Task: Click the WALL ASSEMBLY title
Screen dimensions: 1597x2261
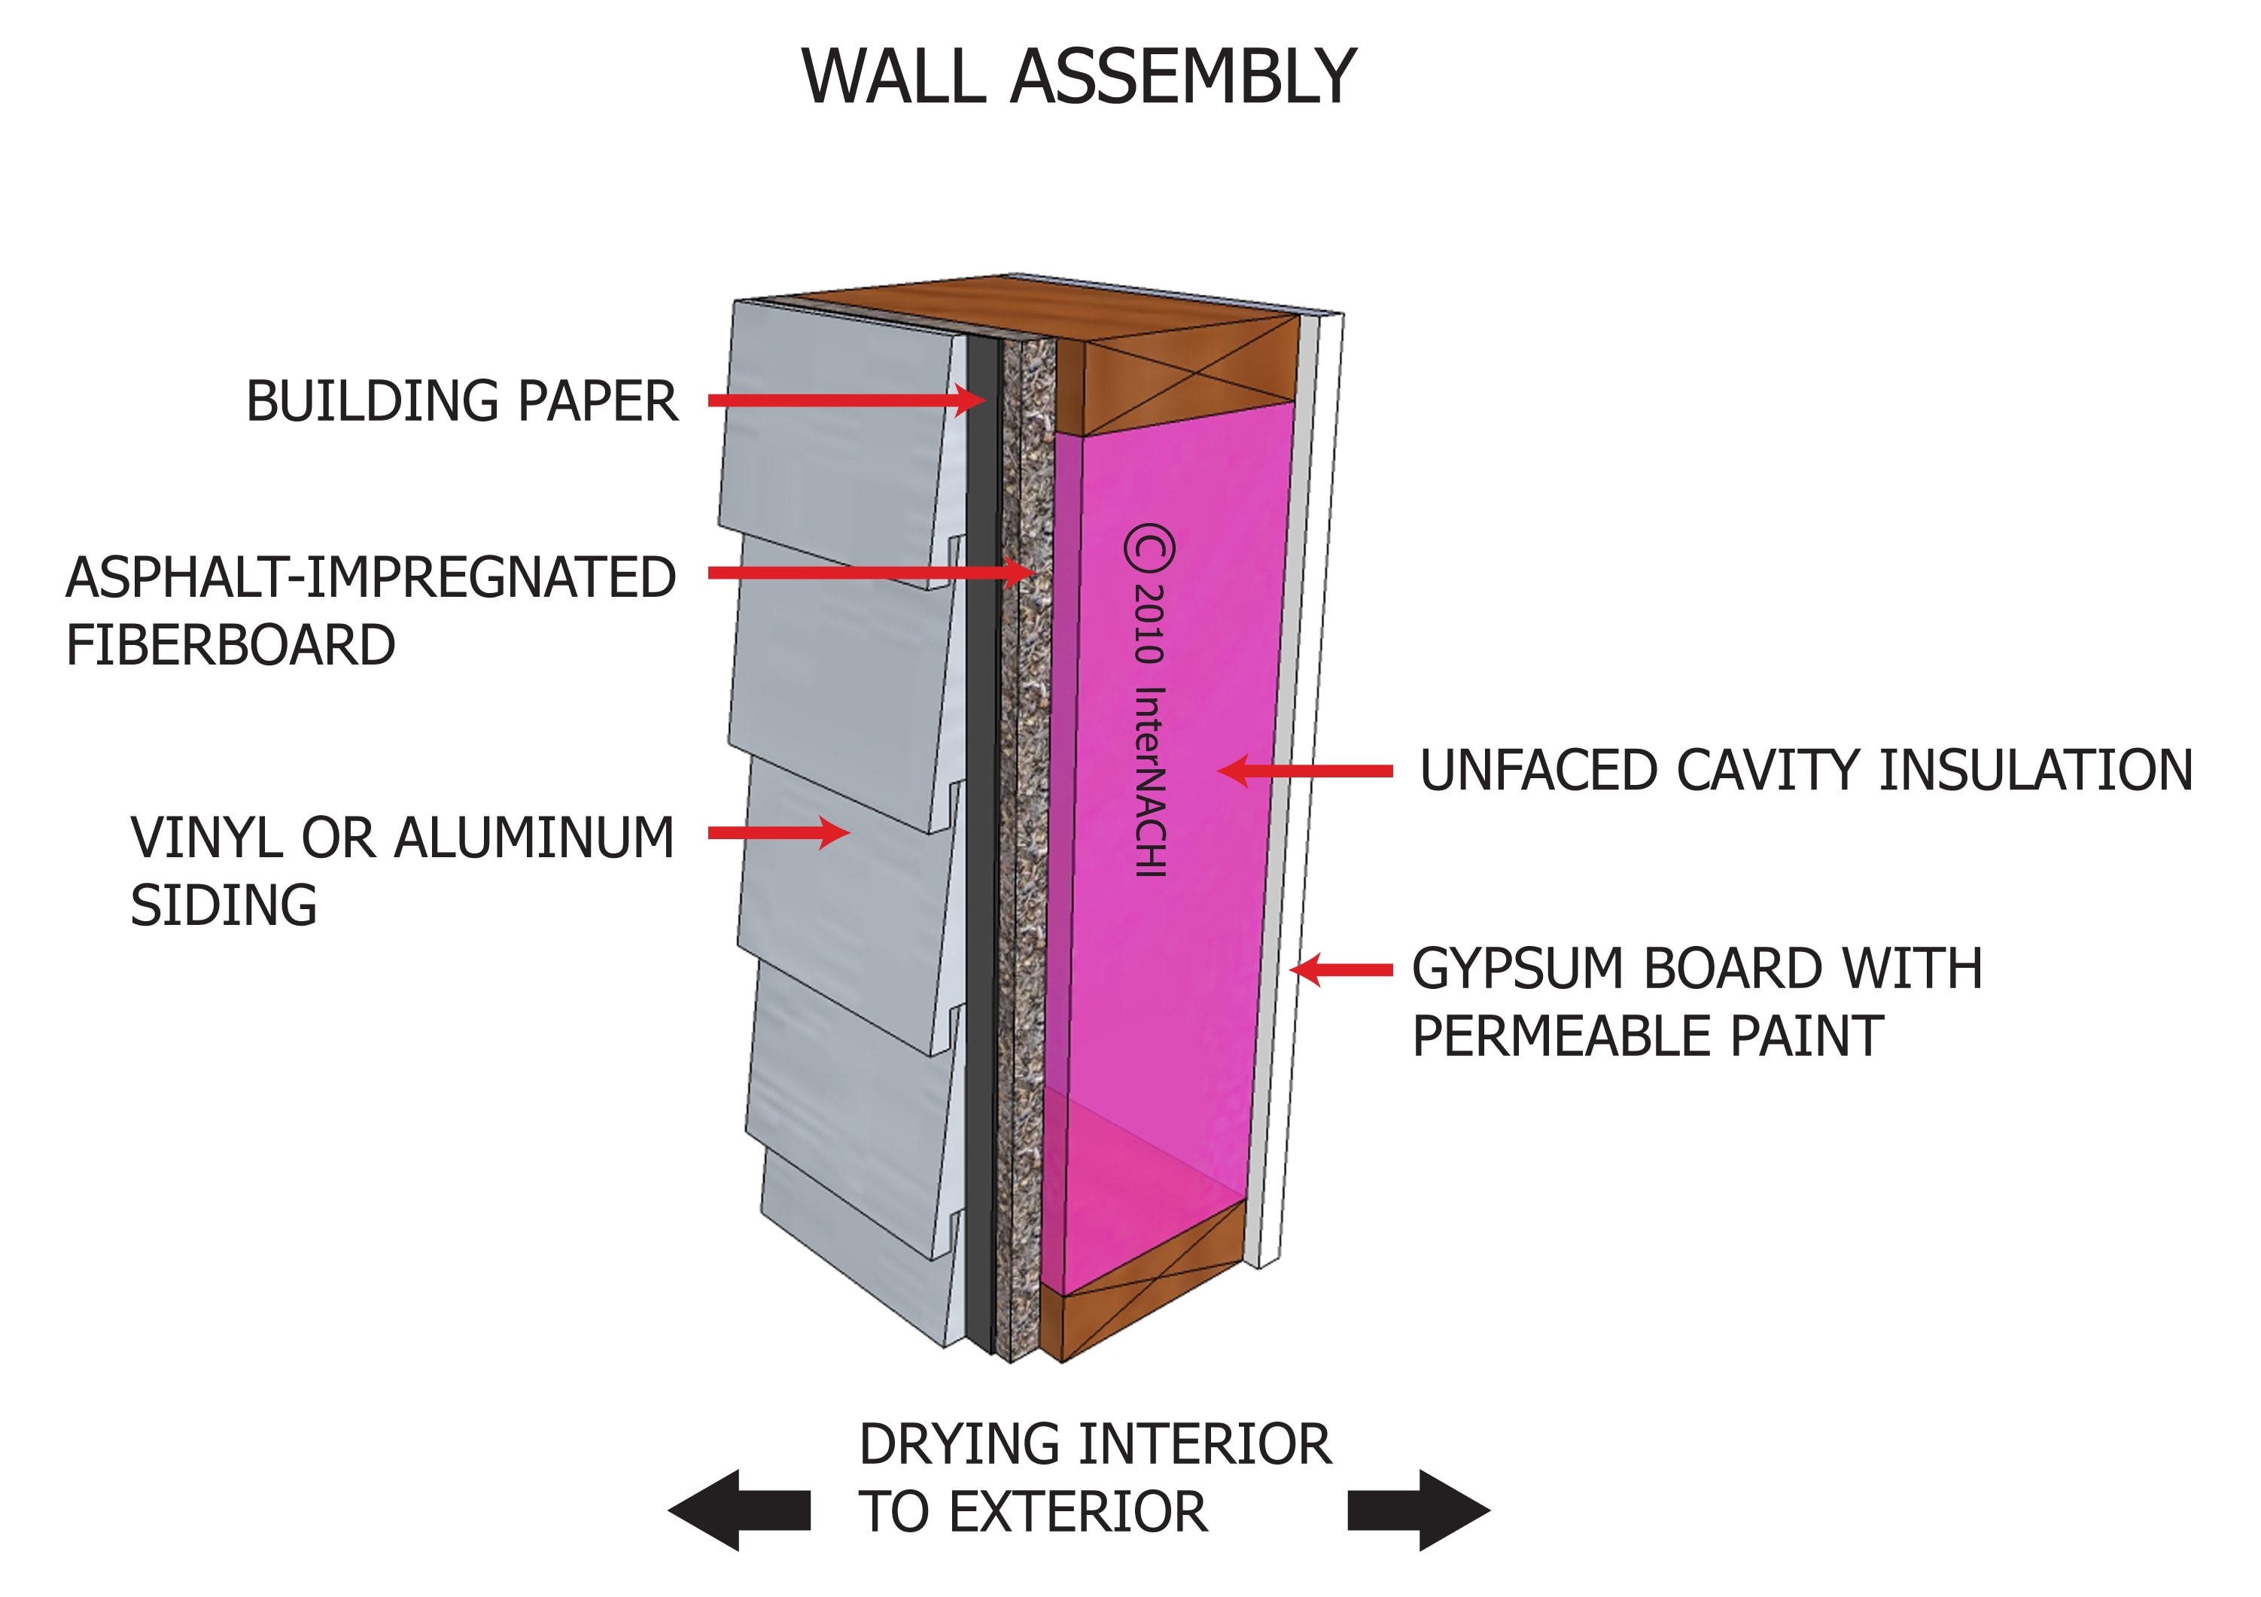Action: pos(1079,77)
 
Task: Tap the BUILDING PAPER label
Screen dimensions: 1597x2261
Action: pos(461,402)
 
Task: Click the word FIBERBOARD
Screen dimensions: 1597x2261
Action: pos(230,646)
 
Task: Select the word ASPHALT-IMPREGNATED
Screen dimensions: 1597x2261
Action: pos(370,578)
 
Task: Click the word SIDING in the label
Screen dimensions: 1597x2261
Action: pos(224,906)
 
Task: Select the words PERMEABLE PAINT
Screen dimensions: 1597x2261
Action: pos(1647,1037)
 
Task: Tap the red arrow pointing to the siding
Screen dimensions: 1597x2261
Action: pos(778,833)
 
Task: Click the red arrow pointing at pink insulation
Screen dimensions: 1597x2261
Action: pos(1306,771)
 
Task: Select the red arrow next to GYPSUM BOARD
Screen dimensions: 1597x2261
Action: pos(1341,970)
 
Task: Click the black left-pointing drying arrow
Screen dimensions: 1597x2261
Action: pos(738,1510)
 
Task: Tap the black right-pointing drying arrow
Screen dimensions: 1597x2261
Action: pos(1418,1510)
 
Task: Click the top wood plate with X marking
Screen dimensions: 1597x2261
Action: pos(1190,376)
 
